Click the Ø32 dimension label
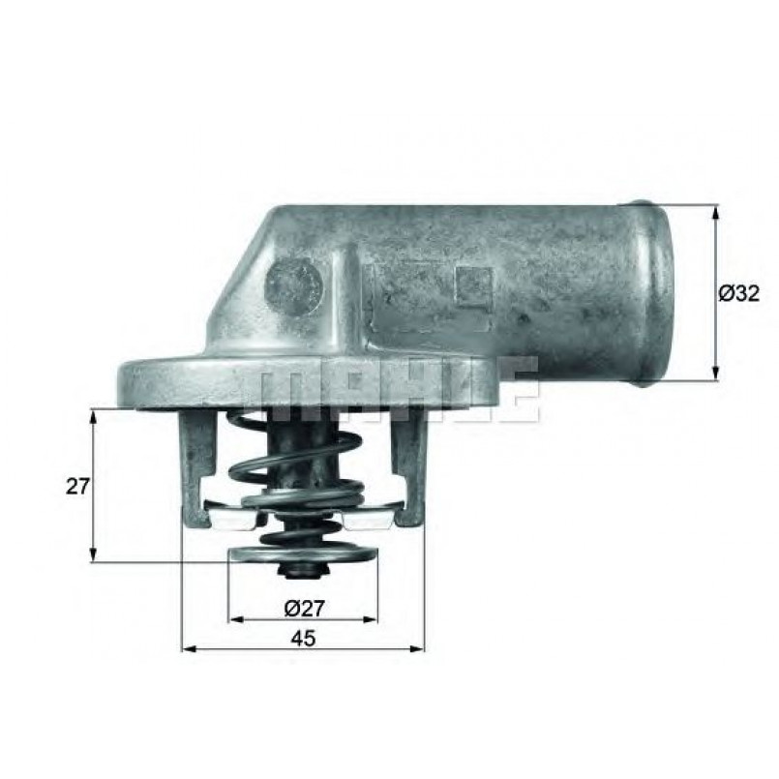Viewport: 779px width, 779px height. click(738, 293)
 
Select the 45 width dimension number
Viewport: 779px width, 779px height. click(303, 639)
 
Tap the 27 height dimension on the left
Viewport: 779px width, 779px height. click(77, 486)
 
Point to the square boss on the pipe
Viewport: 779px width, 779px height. click(474, 287)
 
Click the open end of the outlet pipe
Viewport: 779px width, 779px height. click(656, 293)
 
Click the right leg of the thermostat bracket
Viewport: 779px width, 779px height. click(408, 467)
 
